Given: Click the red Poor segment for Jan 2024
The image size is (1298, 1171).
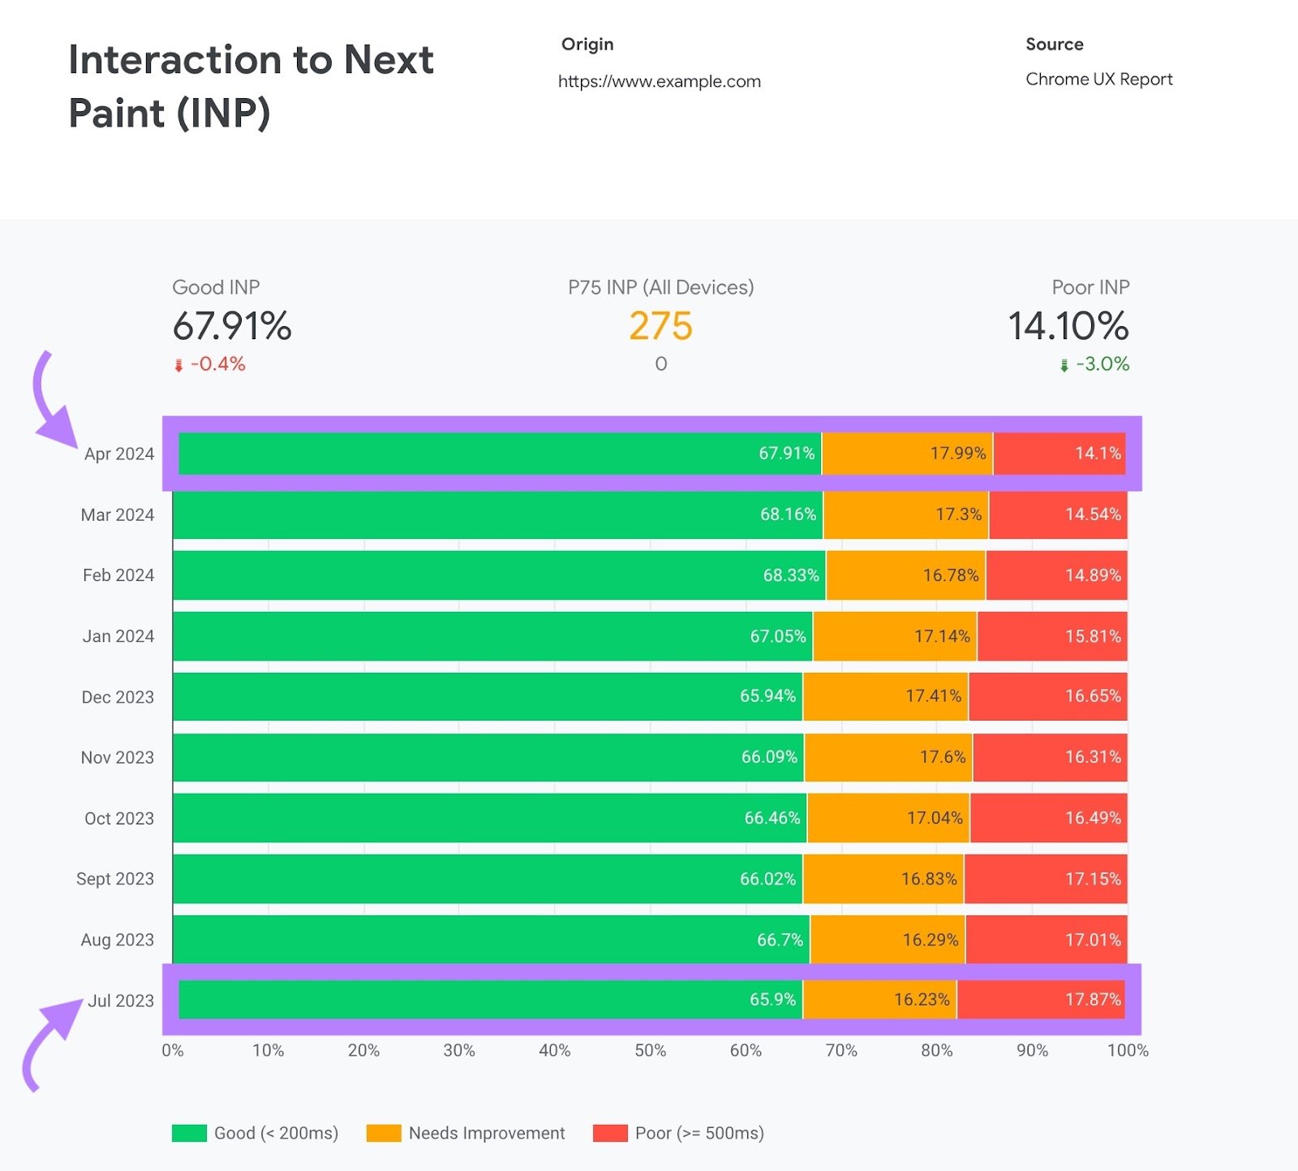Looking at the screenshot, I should pos(1051,636).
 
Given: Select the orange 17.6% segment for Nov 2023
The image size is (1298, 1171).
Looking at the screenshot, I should pos(888,757).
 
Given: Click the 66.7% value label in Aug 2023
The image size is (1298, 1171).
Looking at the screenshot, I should pos(780,940).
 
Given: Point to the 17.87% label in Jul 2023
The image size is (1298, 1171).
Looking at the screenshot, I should pos(1092,1000).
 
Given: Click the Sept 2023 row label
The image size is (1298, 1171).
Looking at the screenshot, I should pos(114,879).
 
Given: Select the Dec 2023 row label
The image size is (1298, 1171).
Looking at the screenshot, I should pos(117,697).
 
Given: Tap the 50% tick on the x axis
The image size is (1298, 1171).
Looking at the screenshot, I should pos(650,1050).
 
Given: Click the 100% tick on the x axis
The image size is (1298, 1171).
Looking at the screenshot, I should pos(1127,1050).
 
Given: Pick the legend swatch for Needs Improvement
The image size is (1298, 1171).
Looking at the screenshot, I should pos(384,1133).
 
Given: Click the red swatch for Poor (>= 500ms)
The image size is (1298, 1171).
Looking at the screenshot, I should pos(610,1133).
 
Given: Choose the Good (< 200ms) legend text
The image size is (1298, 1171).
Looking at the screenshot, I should pos(276,1133).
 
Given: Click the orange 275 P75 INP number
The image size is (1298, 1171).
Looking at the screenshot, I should pos(660,326).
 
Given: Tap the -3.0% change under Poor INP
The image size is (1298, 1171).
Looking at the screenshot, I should pos(1102,364).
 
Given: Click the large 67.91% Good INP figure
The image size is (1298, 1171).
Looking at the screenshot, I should pos(231,326).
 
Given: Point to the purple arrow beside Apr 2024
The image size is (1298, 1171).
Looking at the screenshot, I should pos(50,406).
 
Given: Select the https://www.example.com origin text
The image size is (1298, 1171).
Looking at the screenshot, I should pos(659,81).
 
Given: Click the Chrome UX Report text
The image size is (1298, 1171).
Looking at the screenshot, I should pos(1098,79).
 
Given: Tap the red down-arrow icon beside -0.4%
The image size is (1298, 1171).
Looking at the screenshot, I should pos(178,365).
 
